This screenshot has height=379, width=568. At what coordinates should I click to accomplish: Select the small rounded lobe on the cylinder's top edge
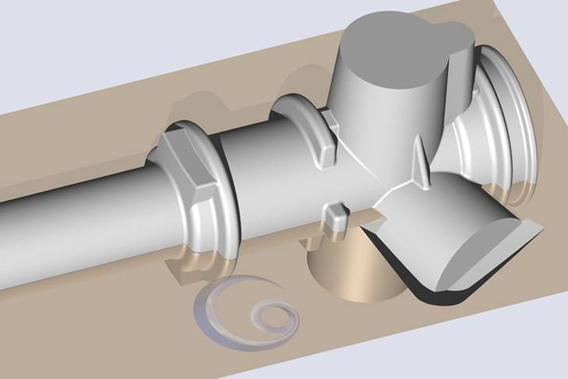[458, 33]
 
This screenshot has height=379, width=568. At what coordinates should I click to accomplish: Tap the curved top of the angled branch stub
[436, 206]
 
